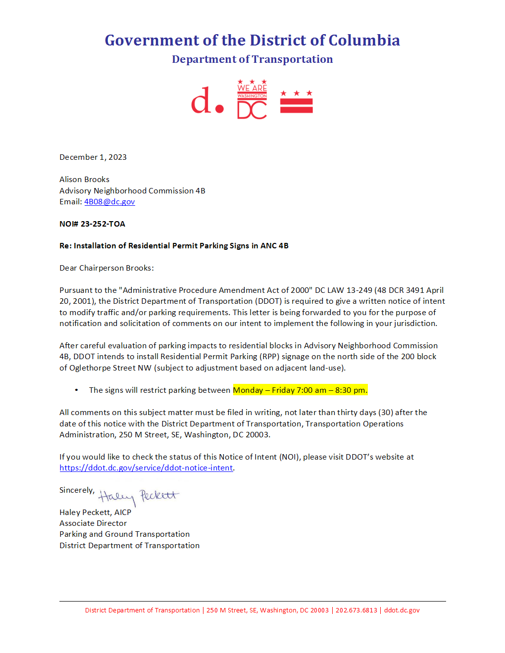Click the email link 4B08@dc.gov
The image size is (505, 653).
(109, 202)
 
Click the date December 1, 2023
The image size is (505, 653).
(93, 157)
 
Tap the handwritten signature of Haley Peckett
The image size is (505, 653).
(138, 496)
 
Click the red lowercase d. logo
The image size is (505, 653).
(207, 101)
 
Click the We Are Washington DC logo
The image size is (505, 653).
(252, 99)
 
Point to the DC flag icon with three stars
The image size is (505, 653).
(296, 102)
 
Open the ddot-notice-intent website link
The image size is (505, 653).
(146, 468)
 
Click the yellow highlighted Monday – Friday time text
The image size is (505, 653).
(300, 390)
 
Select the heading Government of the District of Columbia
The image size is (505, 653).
(252, 40)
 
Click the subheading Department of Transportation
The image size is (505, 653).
(252, 59)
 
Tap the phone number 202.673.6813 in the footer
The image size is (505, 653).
(356, 610)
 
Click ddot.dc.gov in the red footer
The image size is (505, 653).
(402, 610)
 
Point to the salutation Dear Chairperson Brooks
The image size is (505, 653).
(106, 268)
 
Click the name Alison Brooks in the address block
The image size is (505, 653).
(85, 180)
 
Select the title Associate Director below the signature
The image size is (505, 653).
(93, 523)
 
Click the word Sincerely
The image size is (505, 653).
(77, 490)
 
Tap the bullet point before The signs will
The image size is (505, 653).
(76, 390)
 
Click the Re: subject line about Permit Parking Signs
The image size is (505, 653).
(174, 246)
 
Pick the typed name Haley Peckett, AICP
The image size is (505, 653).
(96, 513)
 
